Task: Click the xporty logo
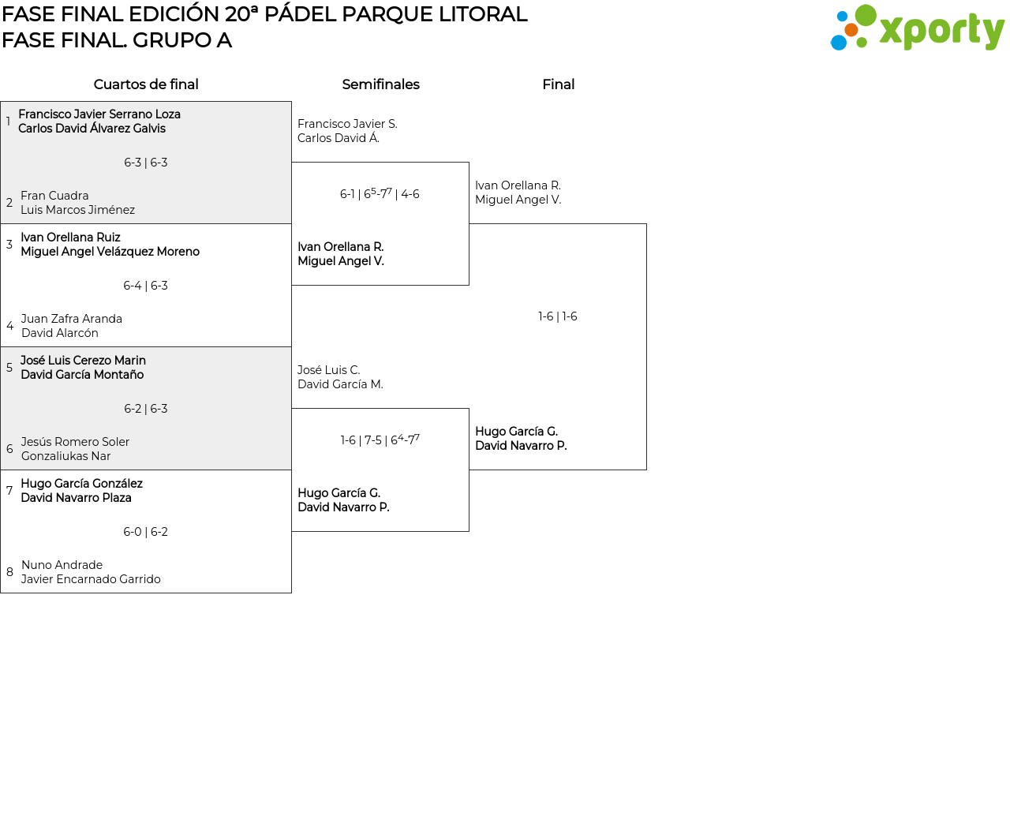[917, 29]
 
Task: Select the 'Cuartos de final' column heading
[146, 84]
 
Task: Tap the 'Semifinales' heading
[380, 84]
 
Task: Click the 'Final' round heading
[558, 84]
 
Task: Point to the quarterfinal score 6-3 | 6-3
[146, 163]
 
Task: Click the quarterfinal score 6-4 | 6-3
[146, 286]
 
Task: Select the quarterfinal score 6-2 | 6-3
[146, 409]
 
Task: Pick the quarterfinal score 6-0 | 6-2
[146, 532]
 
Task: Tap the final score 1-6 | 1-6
[558, 316]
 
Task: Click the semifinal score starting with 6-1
[380, 194]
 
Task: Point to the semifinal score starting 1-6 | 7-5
[380, 440]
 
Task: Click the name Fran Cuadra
[54, 196]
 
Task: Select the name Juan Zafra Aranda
[72, 319]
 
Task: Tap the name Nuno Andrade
[62, 565]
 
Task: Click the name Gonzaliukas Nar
[66, 456]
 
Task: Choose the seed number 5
[9, 368]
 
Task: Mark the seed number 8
[9, 572]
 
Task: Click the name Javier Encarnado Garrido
[91, 579]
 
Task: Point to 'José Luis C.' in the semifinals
[329, 370]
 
